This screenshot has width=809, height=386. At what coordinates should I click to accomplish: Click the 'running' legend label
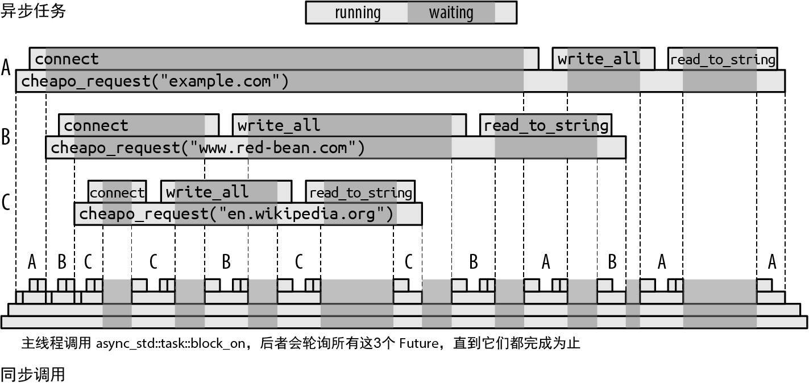[358, 13]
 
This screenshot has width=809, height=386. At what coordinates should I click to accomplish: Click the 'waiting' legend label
[451, 13]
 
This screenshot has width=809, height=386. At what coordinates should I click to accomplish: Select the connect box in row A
[284, 58]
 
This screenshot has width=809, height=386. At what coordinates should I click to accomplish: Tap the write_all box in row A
[604, 58]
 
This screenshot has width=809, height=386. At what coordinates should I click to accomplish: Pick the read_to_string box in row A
[723, 58]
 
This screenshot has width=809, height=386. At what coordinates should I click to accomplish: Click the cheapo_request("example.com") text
[155, 81]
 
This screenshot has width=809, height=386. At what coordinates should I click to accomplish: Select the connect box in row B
[139, 125]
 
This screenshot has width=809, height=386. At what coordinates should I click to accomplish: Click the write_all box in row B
[349, 125]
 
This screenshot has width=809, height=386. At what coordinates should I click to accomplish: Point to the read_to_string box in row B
[546, 125]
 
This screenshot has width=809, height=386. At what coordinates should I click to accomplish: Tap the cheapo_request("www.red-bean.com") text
[208, 147]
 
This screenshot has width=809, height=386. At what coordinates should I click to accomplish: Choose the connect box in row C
[117, 192]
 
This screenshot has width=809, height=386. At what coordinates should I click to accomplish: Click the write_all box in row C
[226, 192]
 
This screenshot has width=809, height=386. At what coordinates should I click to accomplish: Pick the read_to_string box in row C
[360, 192]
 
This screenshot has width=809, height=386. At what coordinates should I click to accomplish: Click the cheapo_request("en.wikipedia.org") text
[236, 214]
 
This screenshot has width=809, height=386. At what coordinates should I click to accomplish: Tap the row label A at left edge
[6, 67]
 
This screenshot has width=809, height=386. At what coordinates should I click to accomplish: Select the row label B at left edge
[6, 137]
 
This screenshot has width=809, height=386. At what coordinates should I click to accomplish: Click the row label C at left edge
[6, 202]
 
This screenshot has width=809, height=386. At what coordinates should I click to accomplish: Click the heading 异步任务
[33, 11]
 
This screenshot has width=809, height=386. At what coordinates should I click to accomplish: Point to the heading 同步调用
[33, 375]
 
